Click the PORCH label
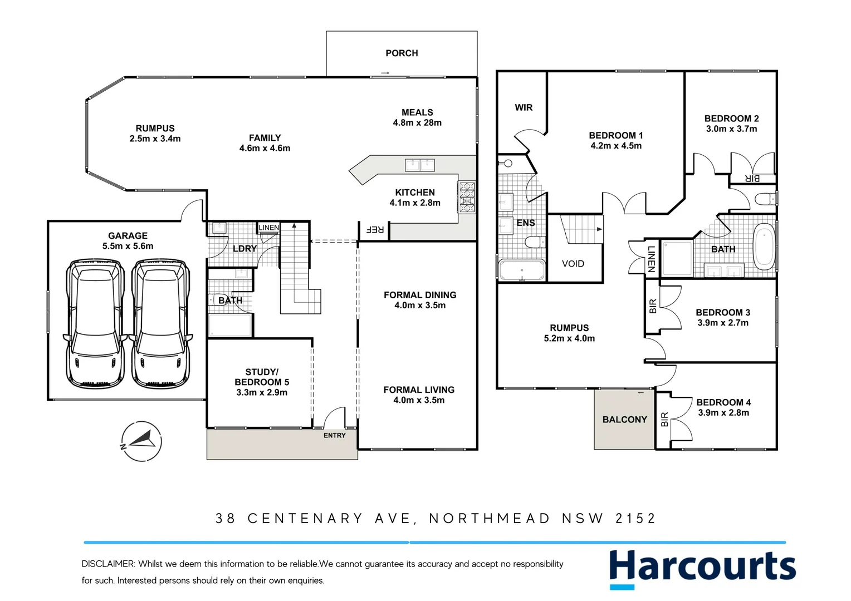[402, 53]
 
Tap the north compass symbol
[141, 441]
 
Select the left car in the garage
[95, 323]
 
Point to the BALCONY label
[624, 420]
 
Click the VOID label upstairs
[573, 264]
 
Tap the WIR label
[523, 107]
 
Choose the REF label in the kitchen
[374, 229]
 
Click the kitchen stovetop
[466, 198]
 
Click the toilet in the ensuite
[535, 242]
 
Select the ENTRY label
[334, 435]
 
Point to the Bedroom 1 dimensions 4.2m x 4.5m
[616, 146]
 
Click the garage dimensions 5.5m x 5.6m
[128, 246]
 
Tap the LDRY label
[244, 249]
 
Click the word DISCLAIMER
[107, 564]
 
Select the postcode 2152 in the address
[635, 519]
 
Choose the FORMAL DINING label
[420, 295]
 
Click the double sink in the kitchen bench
[419, 165]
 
